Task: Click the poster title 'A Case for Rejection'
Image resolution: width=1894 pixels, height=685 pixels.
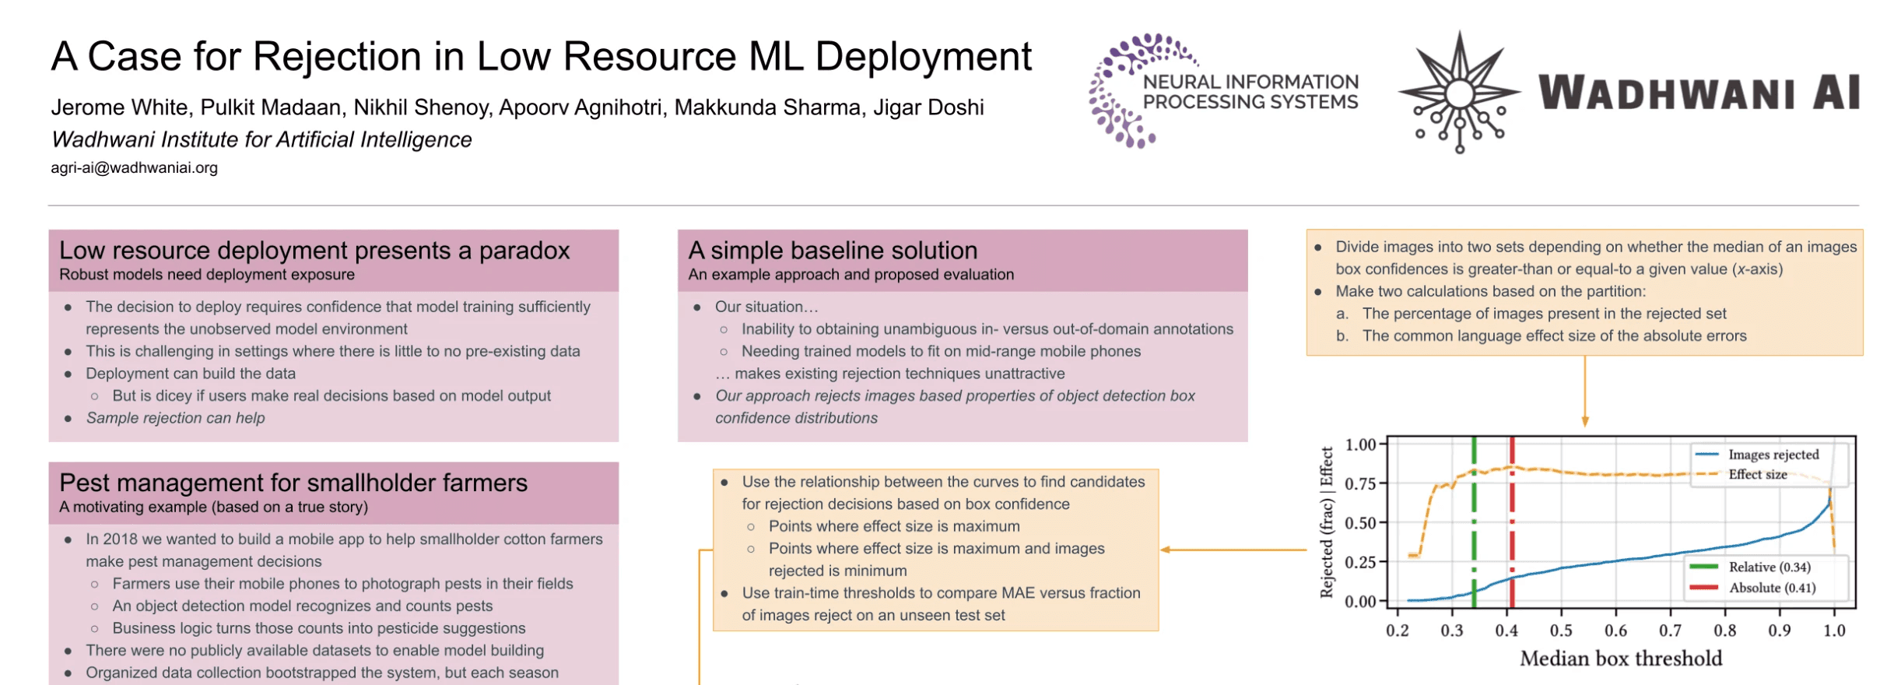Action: (x=541, y=57)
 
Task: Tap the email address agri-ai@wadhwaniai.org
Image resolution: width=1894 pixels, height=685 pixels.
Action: (x=134, y=168)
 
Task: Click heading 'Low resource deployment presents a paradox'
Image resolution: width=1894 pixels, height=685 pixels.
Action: (x=314, y=251)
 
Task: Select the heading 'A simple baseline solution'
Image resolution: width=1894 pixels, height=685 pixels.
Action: (x=833, y=251)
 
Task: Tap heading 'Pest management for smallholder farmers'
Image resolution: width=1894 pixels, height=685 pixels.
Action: (x=293, y=483)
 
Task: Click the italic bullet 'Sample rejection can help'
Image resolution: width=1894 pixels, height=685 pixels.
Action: (x=175, y=418)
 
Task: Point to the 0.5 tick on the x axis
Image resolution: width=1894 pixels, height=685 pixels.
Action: (x=1561, y=631)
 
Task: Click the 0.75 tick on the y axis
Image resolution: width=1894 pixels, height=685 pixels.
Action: (x=1360, y=483)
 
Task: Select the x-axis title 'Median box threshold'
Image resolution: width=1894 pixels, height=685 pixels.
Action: (x=1621, y=659)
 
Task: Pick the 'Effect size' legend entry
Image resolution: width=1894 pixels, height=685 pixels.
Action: (x=1757, y=475)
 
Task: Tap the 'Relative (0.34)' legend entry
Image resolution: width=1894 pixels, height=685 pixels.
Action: (x=1769, y=567)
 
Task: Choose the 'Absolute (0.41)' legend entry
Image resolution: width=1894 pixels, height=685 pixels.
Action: (x=1771, y=588)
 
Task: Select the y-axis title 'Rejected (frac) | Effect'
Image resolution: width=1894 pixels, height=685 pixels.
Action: (x=1327, y=522)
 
